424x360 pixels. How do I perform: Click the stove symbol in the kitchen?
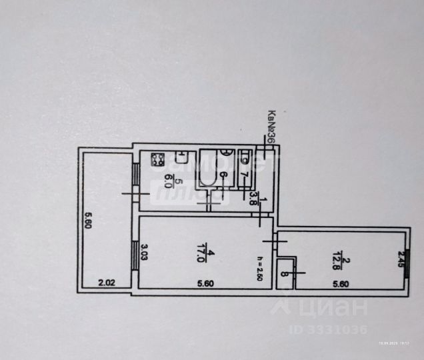(x=158, y=160)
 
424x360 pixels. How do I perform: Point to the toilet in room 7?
(x=245, y=159)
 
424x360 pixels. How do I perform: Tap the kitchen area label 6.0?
(x=169, y=180)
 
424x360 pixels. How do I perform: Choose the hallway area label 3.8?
(x=253, y=197)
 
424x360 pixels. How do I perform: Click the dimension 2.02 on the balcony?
(x=105, y=283)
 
